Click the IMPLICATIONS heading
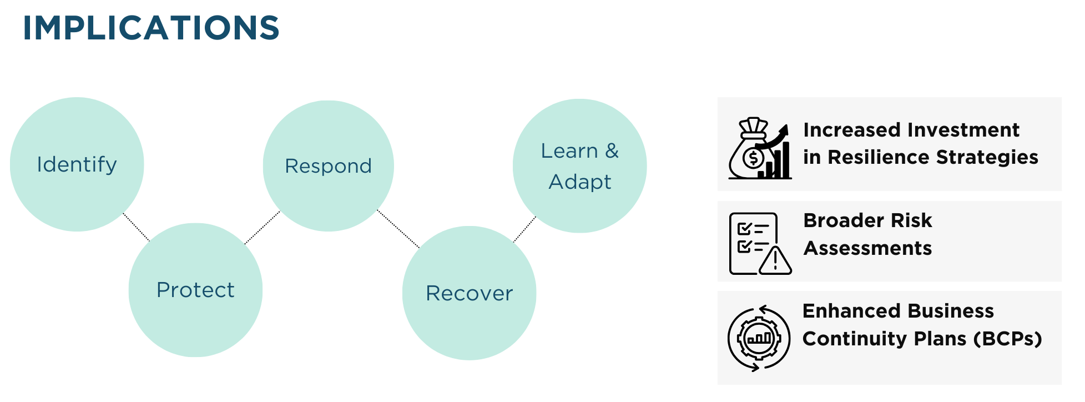[151, 28]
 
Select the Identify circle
[77, 164]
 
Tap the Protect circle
[195, 290]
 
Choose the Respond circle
[328, 166]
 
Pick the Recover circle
[469, 293]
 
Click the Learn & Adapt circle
[579, 166]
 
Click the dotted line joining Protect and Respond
[263, 227]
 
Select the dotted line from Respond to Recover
[398, 229]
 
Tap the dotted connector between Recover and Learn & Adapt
[524, 229]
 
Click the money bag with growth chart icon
[759, 148]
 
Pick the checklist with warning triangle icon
[759, 243]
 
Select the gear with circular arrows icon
[759, 338]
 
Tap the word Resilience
[879, 157]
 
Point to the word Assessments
[867, 248]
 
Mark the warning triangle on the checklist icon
[775, 260]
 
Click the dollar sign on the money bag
[753, 159]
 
